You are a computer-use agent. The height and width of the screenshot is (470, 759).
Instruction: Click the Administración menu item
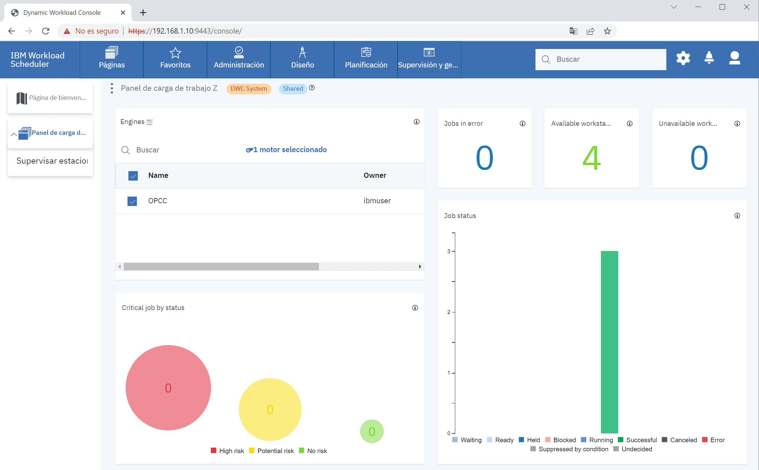click(x=239, y=59)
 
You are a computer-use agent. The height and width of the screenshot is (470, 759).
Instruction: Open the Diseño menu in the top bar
click(x=303, y=59)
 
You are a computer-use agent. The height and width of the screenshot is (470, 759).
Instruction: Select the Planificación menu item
click(x=366, y=59)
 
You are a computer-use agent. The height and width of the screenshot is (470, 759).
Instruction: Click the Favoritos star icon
click(x=175, y=53)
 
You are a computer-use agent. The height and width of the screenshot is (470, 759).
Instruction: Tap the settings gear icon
click(x=683, y=58)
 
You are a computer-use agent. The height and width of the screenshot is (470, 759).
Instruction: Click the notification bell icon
click(x=709, y=58)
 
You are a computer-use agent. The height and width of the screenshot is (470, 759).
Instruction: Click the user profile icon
click(x=734, y=58)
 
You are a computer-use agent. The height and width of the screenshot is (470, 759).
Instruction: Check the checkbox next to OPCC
click(x=132, y=201)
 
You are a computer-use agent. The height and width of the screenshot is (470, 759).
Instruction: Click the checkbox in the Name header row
click(x=133, y=176)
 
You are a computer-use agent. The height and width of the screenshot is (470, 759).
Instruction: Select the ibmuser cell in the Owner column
click(x=377, y=201)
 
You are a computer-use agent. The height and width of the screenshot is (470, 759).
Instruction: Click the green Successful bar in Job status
click(x=609, y=342)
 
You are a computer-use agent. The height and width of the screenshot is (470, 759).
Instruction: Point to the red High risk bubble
click(x=168, y=388)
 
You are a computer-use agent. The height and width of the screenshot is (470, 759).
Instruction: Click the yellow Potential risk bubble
click(x=270, y=410)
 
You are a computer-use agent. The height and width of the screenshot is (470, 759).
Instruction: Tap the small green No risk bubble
click(x=372, y=431)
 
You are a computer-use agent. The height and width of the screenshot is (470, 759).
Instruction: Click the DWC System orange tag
click(x=249, y=89)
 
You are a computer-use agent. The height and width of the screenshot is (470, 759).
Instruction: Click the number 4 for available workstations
click(x=591, y=158)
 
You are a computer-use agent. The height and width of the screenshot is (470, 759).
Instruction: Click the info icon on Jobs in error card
click(x=522, y=124)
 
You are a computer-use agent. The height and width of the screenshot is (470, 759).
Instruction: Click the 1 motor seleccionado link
click(x=286, y=150)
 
